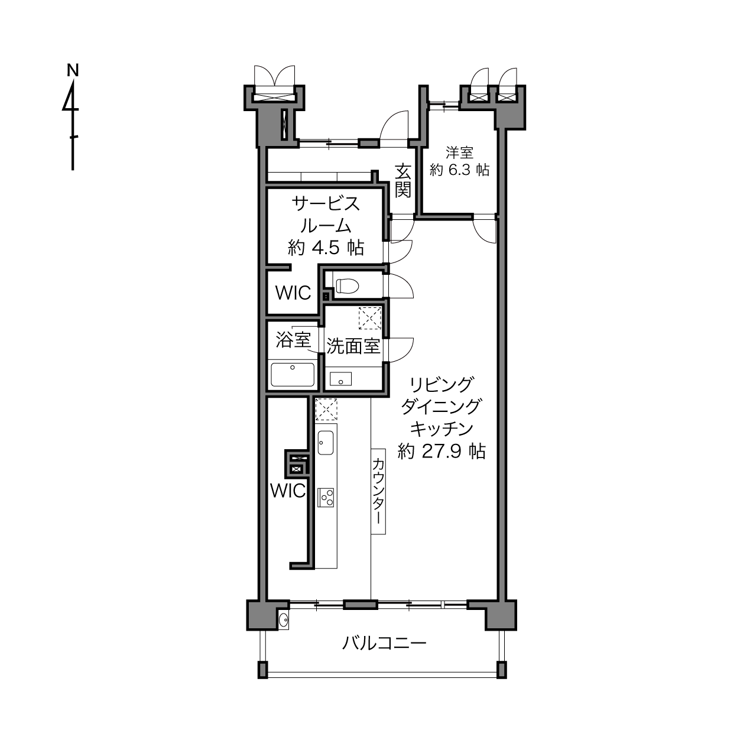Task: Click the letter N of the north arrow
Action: [73, 71]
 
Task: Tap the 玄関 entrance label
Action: [403, 181]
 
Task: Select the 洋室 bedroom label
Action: [459, 153]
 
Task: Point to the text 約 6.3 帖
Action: [459, 170]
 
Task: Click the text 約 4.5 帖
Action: [326, 248]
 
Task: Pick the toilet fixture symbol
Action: [348, 285]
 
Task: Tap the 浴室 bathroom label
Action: [293, 340]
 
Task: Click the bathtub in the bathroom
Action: [293, 374]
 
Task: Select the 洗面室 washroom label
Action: [353, 347]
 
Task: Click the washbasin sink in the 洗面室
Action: [340, 379]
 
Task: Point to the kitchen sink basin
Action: [326, 443]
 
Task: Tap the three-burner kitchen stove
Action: [326, 498]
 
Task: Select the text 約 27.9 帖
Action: [442, 451]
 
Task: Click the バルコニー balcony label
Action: [384, 642]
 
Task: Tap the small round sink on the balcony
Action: [283, 619]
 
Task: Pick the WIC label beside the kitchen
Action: [288, 491]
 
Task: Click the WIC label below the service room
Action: [293, 293]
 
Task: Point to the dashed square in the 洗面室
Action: [370, 318]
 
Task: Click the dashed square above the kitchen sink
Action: [326, 410]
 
